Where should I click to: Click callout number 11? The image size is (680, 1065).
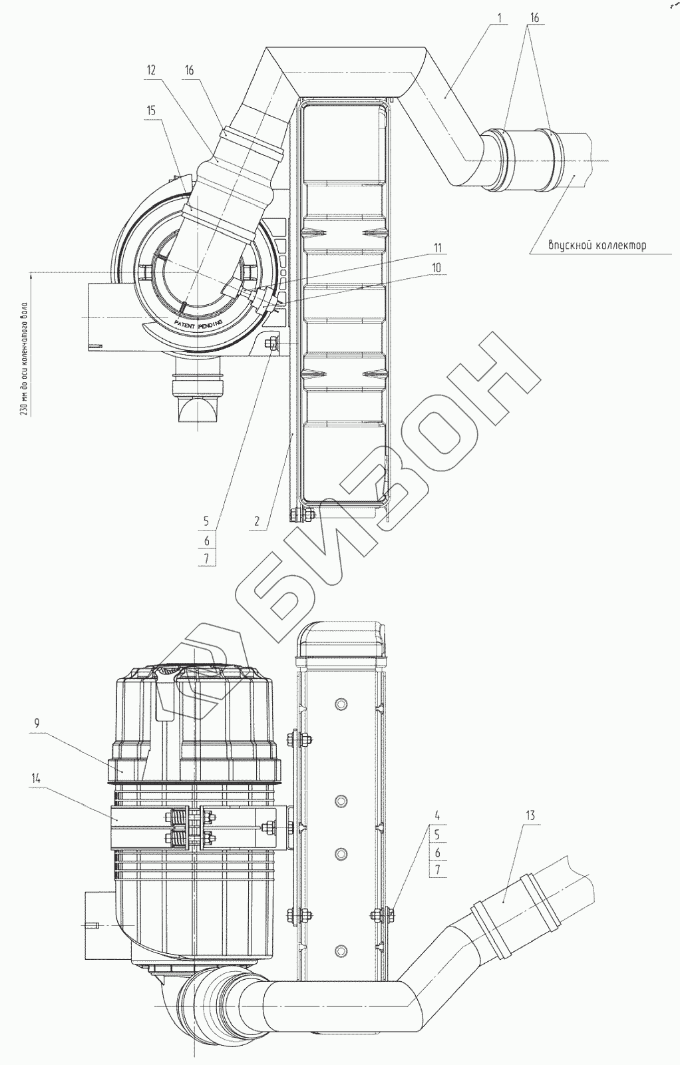pos(436,248)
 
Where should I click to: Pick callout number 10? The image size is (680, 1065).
pos(436,268)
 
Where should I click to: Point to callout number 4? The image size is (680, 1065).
pos(437,816)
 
